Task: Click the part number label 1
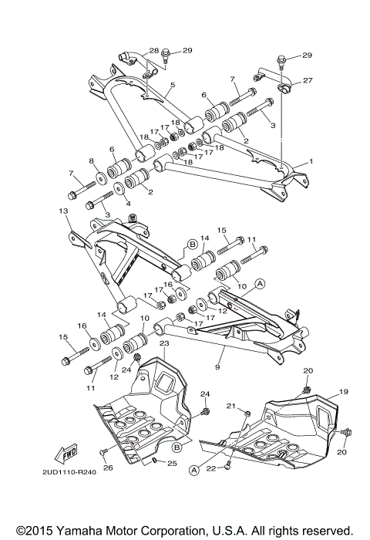[311, 161]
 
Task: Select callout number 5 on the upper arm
[173, 85]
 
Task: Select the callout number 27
[308, 80]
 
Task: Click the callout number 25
[173, 464]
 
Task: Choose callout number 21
[230, 406]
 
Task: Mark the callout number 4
[128, 204]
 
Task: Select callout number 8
[91, 160]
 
